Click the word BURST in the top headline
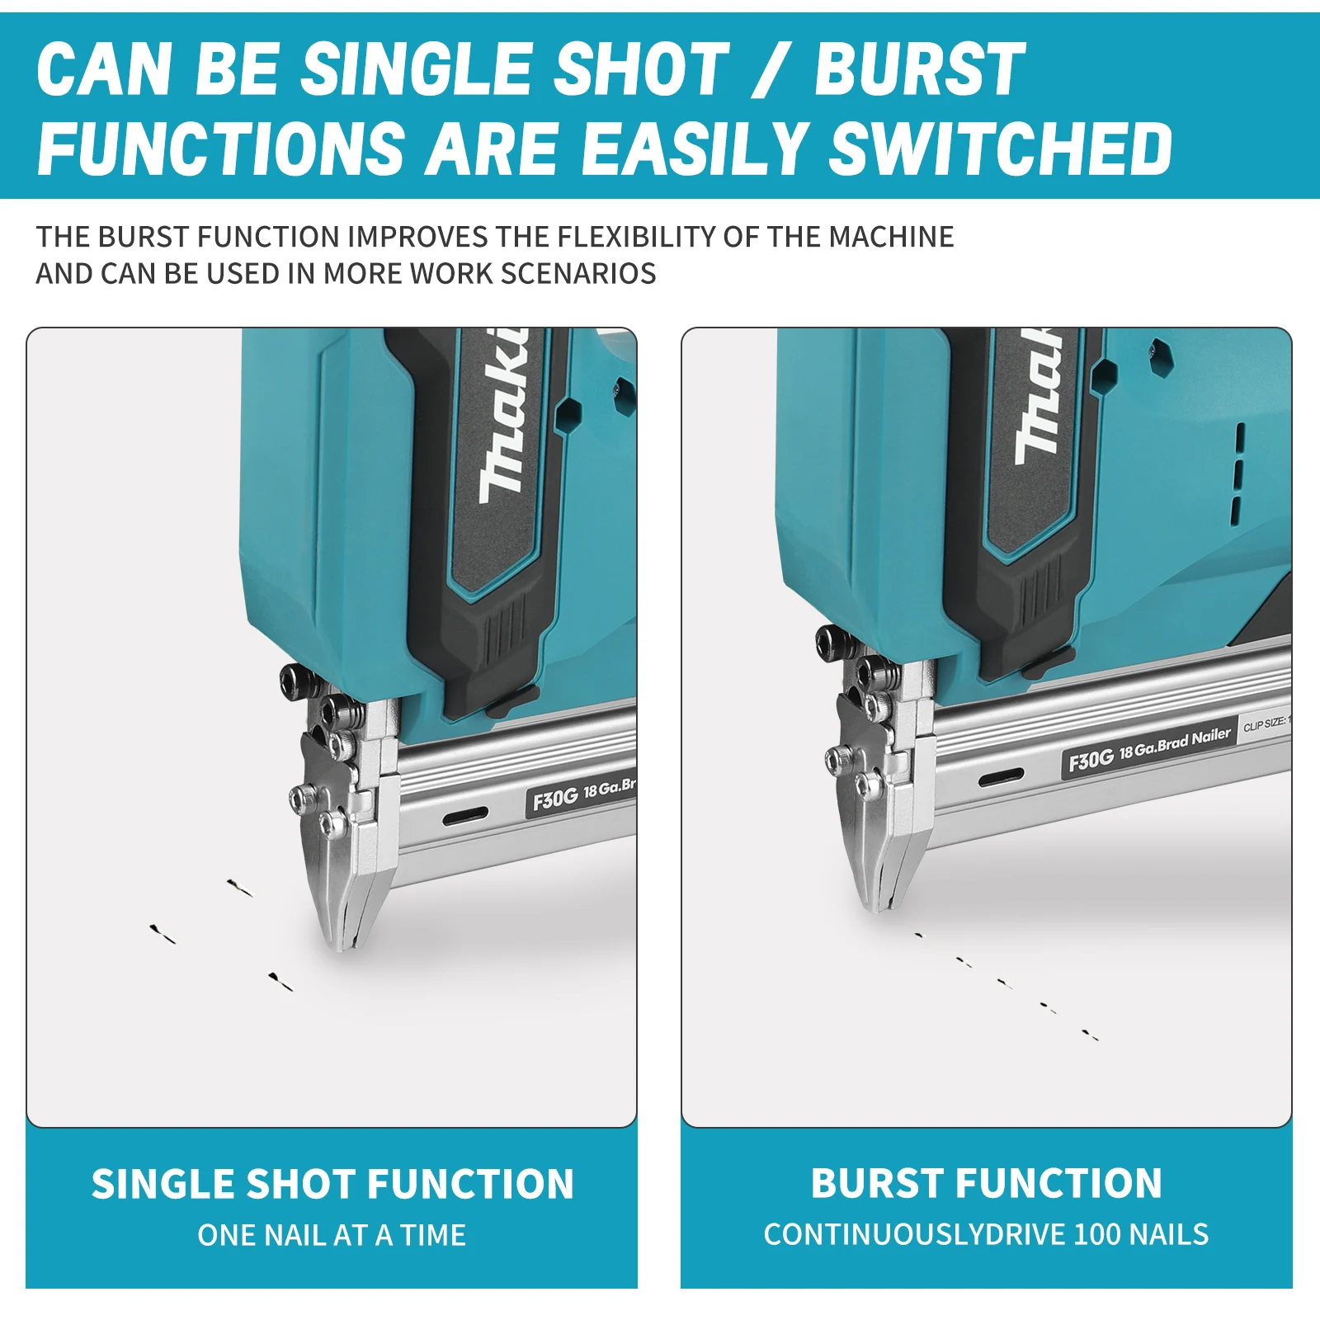click(920, 70)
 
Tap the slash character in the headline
click(771, 70)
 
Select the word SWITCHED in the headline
click(1000, 148)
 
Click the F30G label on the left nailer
click(554, 799)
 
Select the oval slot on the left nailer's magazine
click(465, 817)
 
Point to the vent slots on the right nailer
click(1237, 474)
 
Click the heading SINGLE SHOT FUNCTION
click(332, 1185)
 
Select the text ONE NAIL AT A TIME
click(332, 1235)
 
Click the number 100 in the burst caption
click(1096, 1234)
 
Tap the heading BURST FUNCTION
click(986, 1183)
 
